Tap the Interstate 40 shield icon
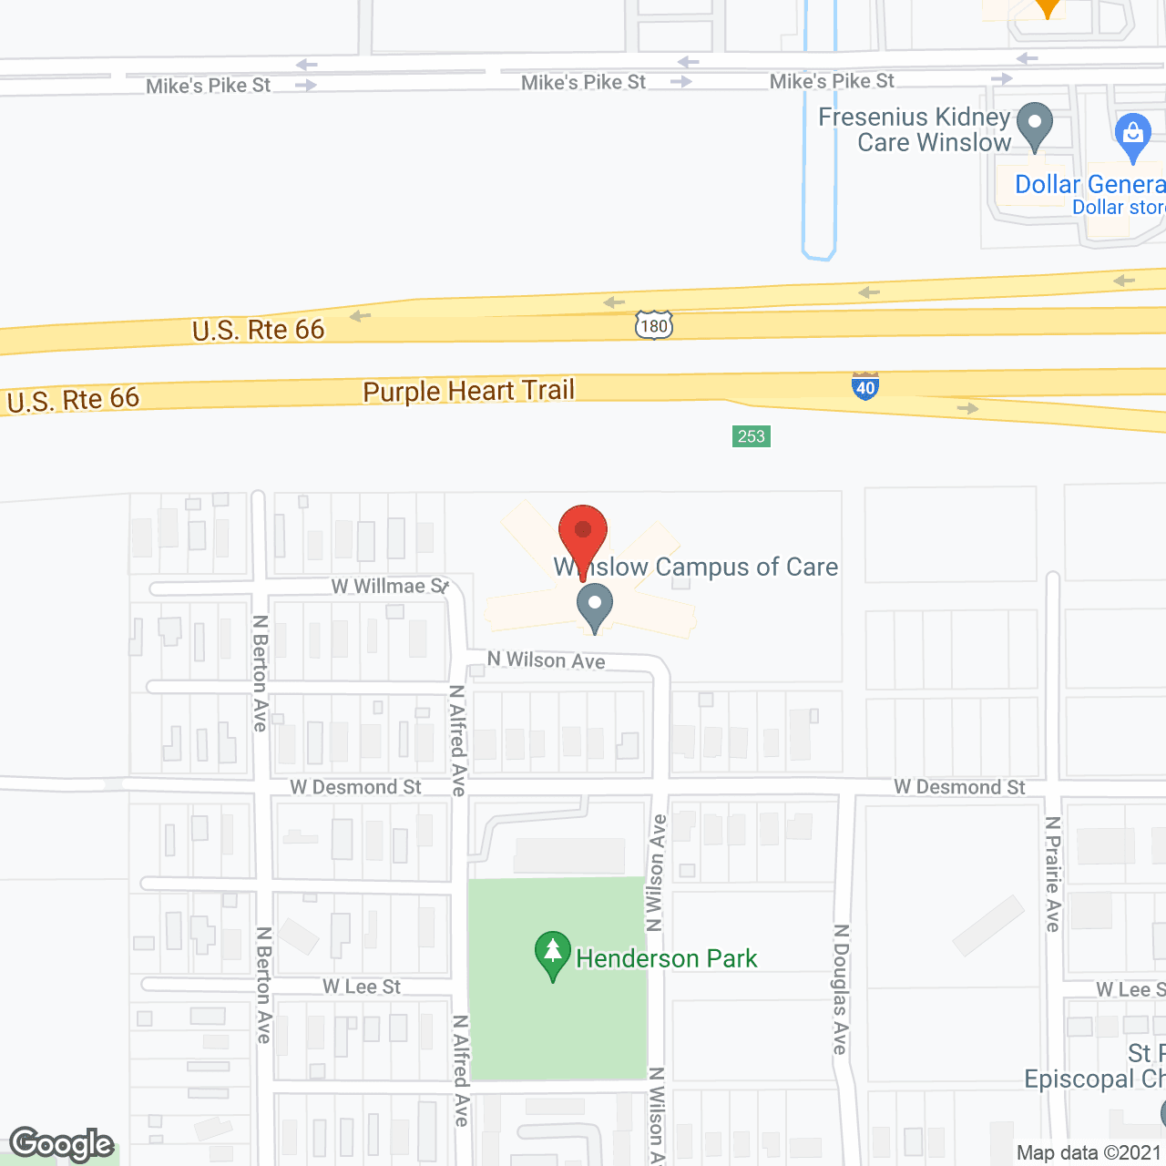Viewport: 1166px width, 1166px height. point(865,386)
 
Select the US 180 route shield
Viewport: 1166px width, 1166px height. point(654,325)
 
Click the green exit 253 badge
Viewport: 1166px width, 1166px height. point(752,436)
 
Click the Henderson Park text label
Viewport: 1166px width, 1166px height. point(666,958)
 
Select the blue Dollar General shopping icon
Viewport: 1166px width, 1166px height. point(1132,137)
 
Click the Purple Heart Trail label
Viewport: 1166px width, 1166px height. point(468,391)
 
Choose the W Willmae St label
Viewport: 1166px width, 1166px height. point(390,586)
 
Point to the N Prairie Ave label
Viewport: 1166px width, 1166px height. point(1053,874)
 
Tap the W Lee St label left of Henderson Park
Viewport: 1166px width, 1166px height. point(362,987)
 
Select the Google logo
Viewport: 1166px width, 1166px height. point(62,1144)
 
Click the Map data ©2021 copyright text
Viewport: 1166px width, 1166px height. point(1089,1152)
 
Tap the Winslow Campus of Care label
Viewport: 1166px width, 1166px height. point(696,567)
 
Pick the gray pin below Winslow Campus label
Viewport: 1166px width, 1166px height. point(595,608)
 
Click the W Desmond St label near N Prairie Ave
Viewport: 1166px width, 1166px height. point(959,787)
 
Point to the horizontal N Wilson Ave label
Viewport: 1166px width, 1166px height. point(546,660)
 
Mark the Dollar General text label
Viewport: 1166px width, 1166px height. point(1089,184)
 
